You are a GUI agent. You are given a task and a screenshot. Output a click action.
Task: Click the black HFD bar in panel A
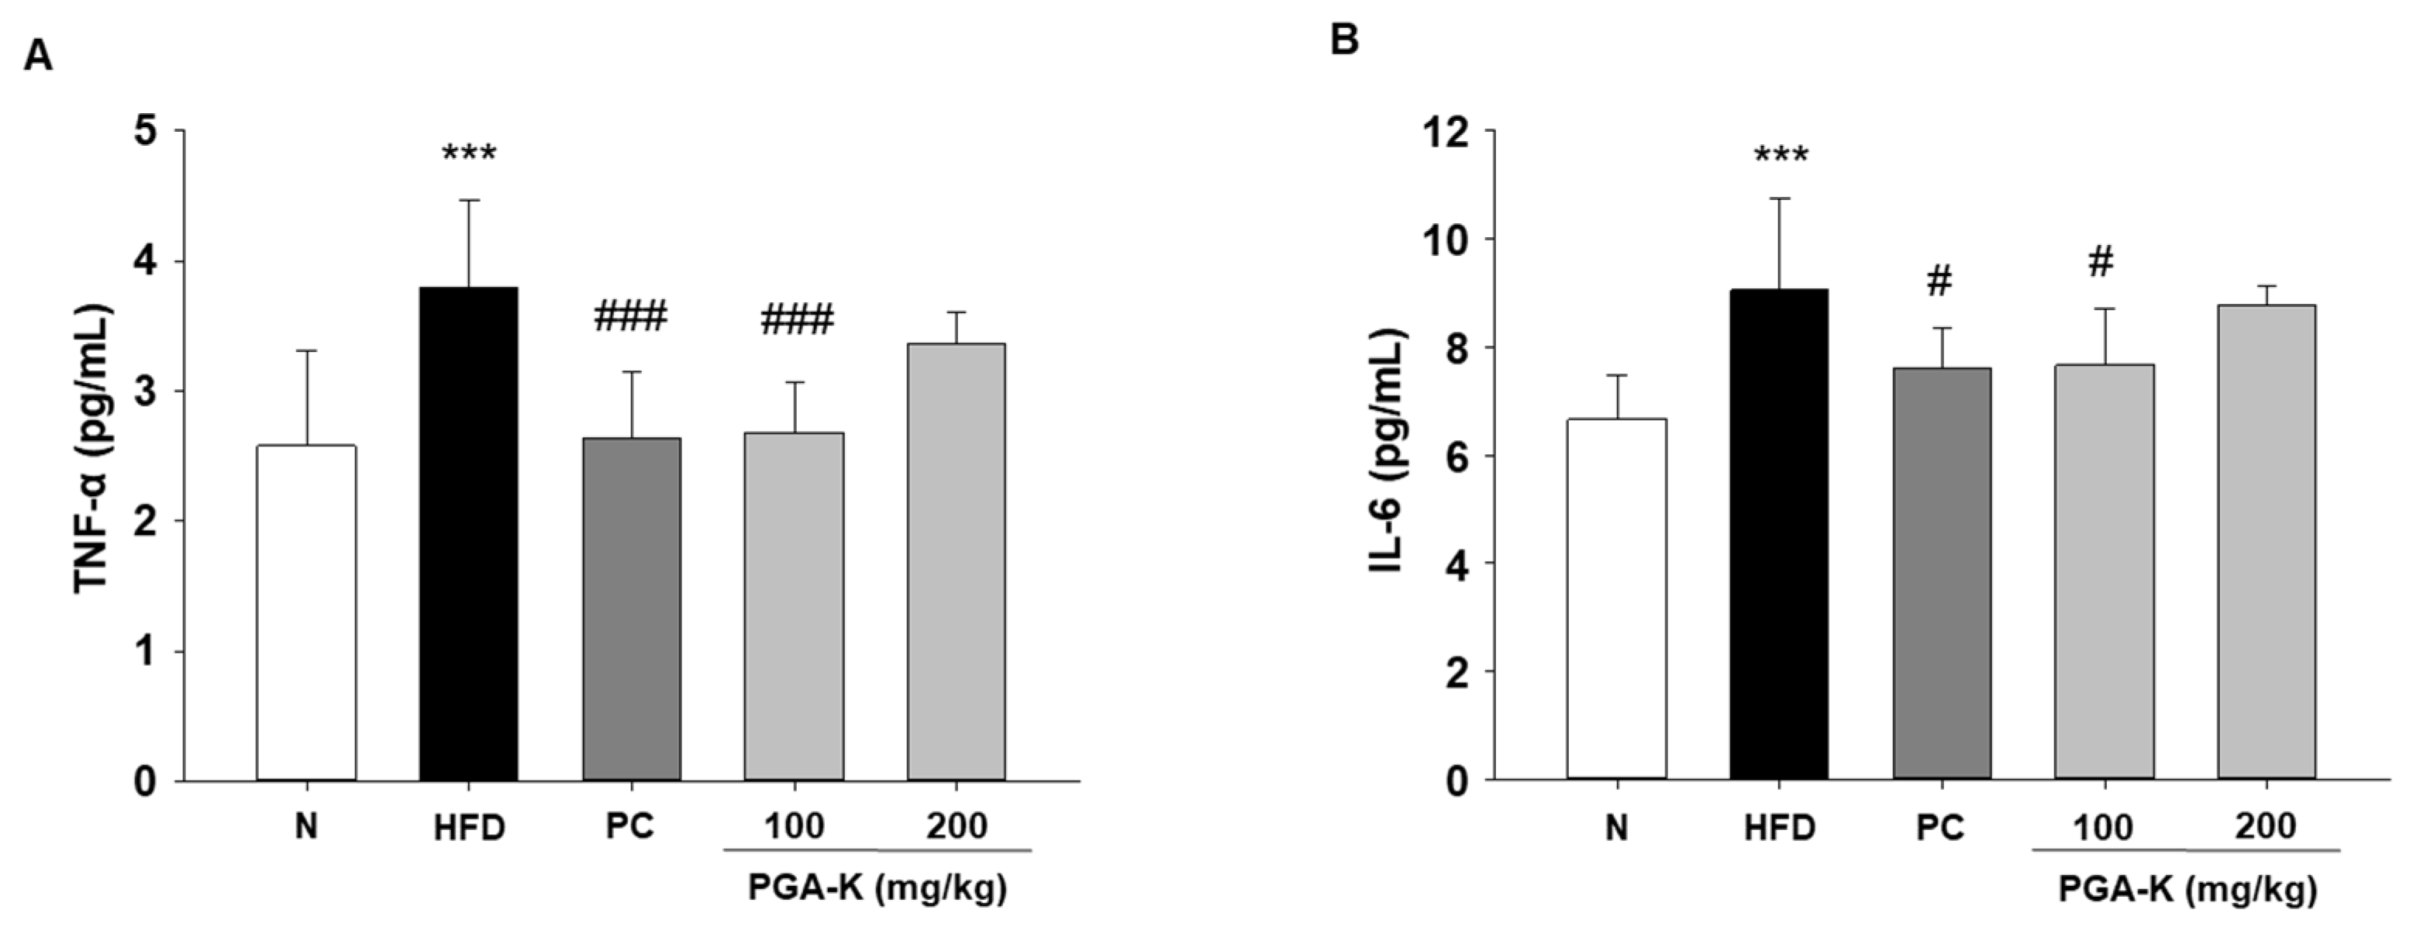pos(469,533)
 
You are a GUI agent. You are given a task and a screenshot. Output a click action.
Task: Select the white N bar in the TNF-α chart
pos(306,612)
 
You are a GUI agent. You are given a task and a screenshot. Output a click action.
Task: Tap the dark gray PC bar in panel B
pos(1941,573)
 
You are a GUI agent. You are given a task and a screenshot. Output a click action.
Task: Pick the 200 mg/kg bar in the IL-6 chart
pos(2265,542)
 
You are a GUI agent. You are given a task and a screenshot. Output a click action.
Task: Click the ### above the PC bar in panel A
pos(630,318)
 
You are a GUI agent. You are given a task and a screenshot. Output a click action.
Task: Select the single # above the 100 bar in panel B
pos(2101,263)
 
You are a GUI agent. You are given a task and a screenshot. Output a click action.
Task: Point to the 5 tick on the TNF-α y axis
pos(146,131)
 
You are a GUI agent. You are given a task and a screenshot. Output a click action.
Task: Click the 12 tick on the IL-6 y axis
pos(1442,132)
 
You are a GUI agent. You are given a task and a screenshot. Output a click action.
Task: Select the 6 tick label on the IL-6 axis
pos(1455,457)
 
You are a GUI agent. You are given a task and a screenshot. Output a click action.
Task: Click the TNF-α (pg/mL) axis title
pos(94,449)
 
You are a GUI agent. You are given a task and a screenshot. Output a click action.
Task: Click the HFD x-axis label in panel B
pos(1780,829)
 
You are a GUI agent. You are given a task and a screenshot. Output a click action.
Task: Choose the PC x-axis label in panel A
pos(630,827)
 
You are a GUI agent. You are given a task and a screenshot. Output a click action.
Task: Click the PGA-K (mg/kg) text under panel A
pos(877,887)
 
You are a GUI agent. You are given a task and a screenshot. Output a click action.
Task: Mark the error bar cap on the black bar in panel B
pos(1780,198)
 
